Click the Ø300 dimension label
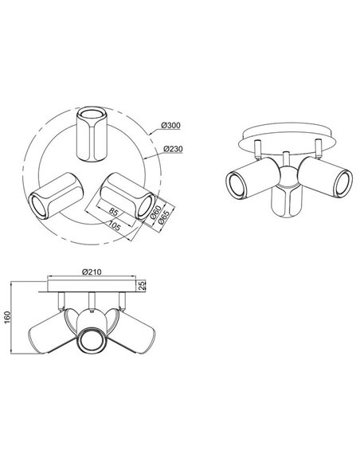coord(170,126)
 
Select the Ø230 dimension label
coord(170,149)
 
